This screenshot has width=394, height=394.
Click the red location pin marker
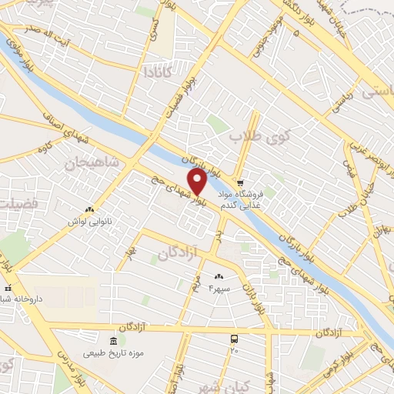(x=198, y=182)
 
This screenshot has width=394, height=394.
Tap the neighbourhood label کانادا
(x=157, y=72)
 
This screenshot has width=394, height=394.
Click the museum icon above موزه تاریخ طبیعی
(x=115, y=341)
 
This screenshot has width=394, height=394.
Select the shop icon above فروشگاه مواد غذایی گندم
(x=240, y=184)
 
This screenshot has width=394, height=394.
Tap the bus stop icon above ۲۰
(x=234, y=339)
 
